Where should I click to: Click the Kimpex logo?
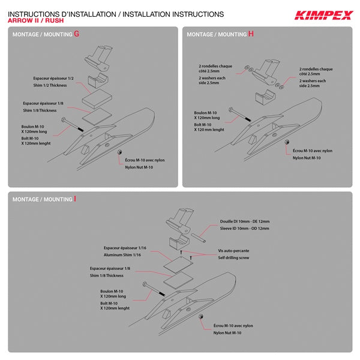(323, 15)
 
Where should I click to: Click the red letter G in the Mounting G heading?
(77, 34)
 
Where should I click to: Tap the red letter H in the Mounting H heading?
(251, 34)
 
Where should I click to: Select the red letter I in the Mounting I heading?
(75, 199)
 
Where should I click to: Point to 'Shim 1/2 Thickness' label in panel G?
(53, 85)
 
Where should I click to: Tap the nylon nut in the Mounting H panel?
(287, 142)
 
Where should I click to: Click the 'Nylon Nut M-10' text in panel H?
(307, 157)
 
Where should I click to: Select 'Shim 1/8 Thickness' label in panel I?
(107, 275)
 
